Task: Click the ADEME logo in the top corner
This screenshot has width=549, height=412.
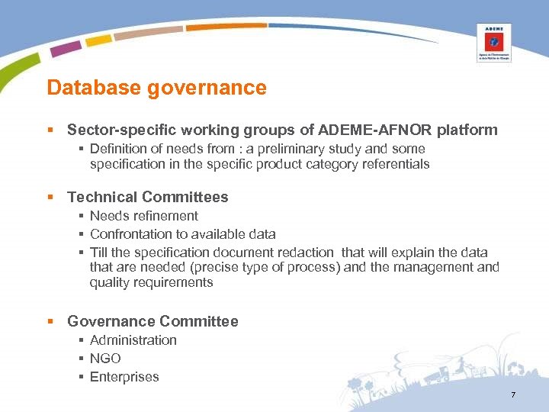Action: click(493, 42)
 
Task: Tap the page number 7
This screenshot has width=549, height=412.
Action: click(513, 394)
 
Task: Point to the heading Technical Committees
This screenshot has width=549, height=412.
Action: click(147, 197)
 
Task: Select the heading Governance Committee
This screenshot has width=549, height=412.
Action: click(152, 321)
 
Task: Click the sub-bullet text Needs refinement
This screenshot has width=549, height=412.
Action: click(143, 216)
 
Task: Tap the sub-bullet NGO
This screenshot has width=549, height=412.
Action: click(105, 359)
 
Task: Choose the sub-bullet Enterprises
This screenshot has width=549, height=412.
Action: click(124, 377)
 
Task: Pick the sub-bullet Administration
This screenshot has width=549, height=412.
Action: click(133, 340)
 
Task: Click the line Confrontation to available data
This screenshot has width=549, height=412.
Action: click(182, 234)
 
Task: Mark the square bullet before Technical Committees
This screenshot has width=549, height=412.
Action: click(50, 198)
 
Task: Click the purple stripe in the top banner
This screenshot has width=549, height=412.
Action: click(66, 48)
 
